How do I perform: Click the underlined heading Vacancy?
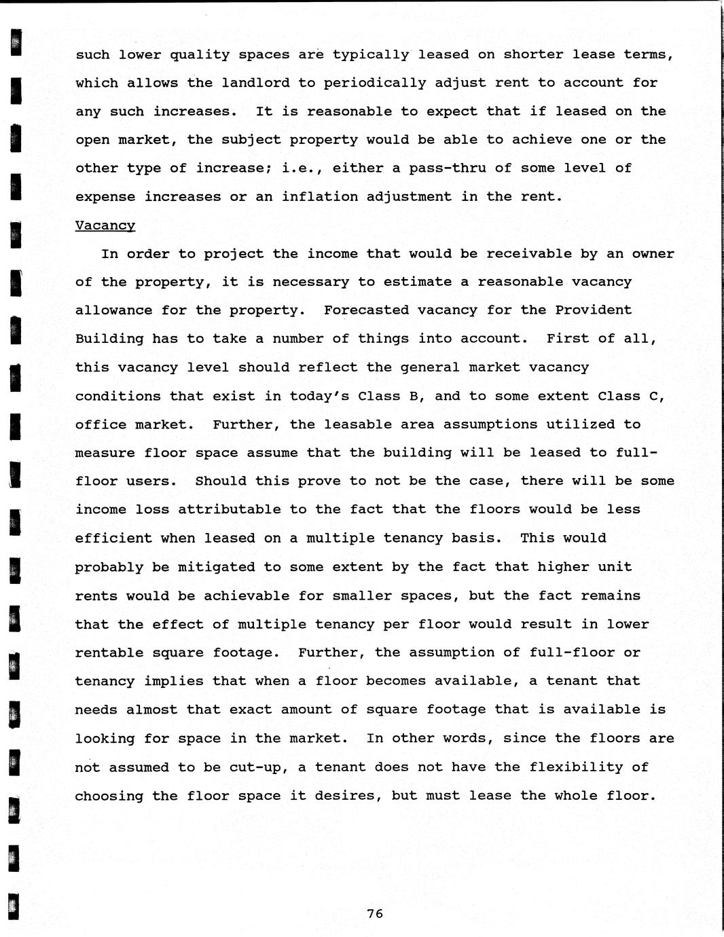click(x=105, y=225)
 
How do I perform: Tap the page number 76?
click(x=375, y=914)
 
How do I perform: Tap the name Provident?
click(x=594, y=310)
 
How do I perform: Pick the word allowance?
click(x=113, y=310)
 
